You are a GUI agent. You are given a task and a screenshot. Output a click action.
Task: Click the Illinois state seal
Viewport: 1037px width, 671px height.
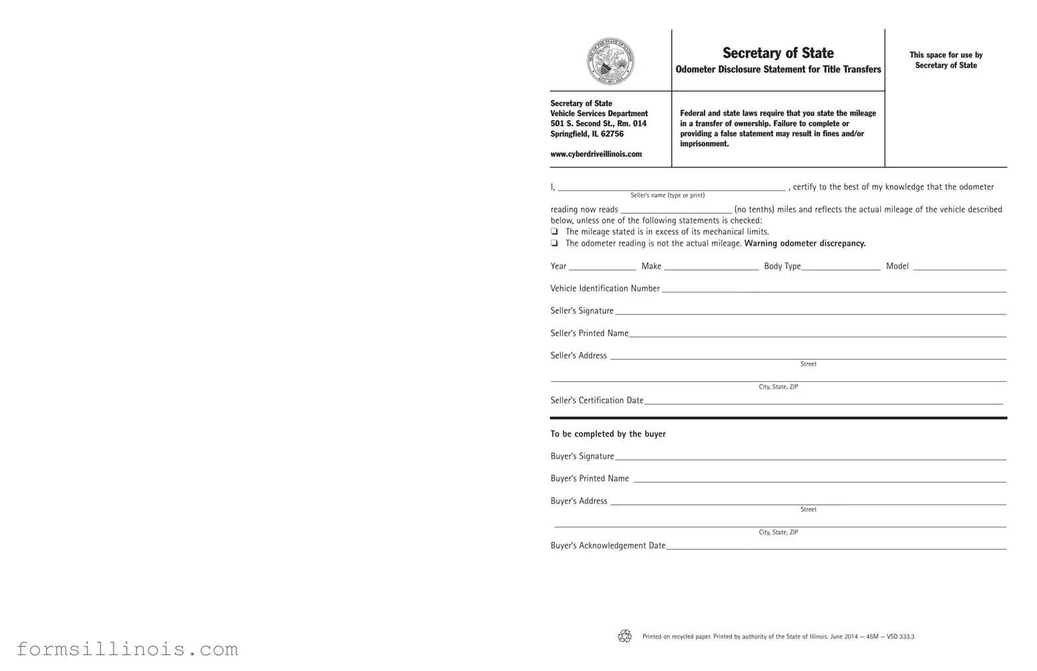click(x=610, y=61)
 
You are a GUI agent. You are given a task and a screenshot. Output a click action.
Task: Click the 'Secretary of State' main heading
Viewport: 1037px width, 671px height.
click(x=778, y=53)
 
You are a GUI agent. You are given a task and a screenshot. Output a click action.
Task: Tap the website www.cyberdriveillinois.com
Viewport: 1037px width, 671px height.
click(x=596, y=154)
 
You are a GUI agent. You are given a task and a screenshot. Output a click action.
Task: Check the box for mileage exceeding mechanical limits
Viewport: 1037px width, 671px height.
click(x=554, y=232)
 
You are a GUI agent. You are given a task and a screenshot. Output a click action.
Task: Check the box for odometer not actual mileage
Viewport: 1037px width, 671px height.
click(x=554, y=244)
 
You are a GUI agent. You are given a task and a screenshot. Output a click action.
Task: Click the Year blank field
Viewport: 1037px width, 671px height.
click(x=602, y=266)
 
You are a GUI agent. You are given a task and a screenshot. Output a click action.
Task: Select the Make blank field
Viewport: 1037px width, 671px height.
click(x=711, y=266)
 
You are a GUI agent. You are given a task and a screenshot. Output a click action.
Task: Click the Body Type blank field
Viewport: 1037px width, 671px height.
click(x=841, y=266)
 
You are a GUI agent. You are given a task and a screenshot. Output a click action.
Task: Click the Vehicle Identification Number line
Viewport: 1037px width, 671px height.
click(x=833, y=288)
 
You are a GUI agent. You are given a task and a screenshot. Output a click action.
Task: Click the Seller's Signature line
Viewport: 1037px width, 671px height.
click(x=810, y=311)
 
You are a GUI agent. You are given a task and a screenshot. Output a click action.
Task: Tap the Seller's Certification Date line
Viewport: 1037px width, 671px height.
click(x=823, y=401)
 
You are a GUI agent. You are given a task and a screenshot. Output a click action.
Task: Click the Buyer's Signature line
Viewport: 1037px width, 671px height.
click(x=810, y=457)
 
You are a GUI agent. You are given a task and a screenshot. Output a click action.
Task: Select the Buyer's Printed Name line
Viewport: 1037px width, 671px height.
click(x=819, y=479)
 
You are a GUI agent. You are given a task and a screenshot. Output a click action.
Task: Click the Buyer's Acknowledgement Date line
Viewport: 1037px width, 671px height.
click(x=835, y=546)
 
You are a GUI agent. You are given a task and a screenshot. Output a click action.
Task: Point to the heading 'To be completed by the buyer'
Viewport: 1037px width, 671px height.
click(x=608, y=434)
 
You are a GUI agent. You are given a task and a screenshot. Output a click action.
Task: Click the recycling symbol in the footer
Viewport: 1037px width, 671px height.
click(x=625, y=636)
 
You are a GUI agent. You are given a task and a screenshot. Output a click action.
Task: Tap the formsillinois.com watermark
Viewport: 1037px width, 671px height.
click(x=127, y=649)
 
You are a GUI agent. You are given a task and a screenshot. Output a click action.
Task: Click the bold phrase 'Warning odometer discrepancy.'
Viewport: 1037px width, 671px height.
click(x=805, y=244)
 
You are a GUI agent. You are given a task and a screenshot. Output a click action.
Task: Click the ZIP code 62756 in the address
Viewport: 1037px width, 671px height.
click(x=612, y=134)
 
